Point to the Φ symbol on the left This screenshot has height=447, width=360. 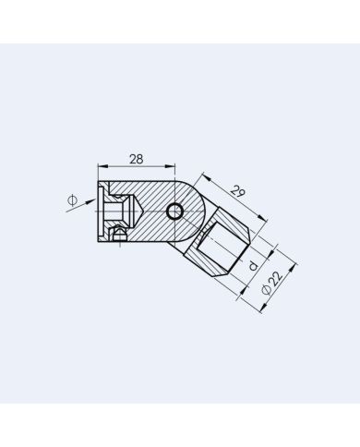click(71, 199)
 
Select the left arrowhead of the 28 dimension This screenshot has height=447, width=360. click(101, 167)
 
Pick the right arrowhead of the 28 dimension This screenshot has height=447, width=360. click(172, 167)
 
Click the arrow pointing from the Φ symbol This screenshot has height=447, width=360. click(89, 203)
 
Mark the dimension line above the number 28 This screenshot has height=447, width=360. click(137, 167)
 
